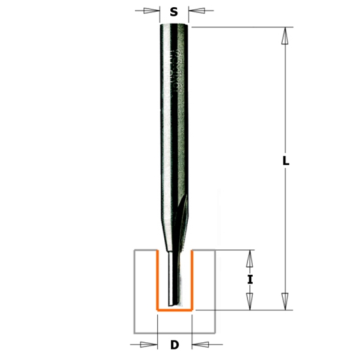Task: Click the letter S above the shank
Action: click(x=174, y=12)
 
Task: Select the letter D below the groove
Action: click(x=174, y=345)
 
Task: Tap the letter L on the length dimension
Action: click(x=286, y=160)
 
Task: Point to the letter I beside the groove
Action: click(x=249, y=280)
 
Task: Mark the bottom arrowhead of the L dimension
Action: click(x=285, y=300)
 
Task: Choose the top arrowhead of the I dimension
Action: click(x=249, y=260)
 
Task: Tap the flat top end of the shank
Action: click(x=175, y=24)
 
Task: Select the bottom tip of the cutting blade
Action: click(x=172, y=305)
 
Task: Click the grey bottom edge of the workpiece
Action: click(x=174, y=332)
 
